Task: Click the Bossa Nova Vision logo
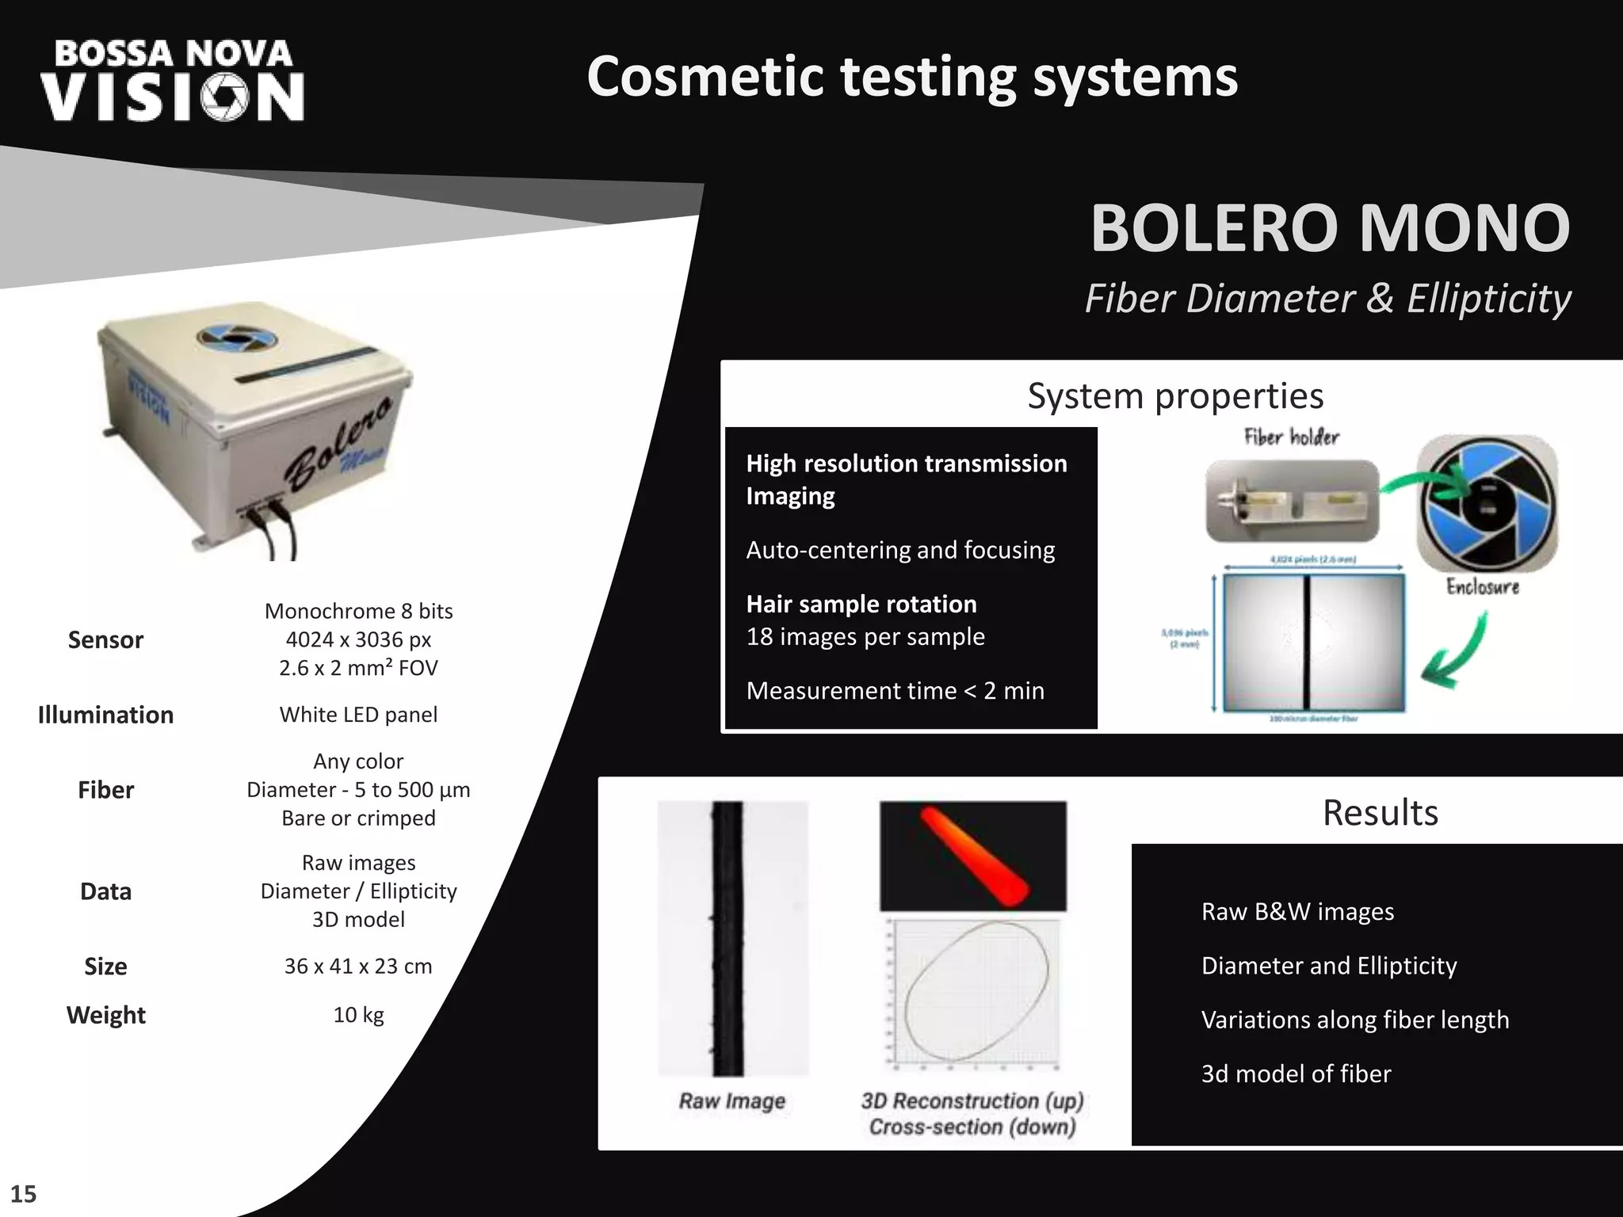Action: coord(173,82)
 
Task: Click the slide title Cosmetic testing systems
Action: coord(911,77)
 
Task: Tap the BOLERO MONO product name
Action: coord(1329,228)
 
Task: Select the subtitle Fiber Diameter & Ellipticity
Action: coord(1327,299)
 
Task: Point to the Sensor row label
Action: coord(105,639)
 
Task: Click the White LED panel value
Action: coord(358,715)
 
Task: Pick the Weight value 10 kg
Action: coord(358,1015)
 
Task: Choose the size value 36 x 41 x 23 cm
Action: coord(358,967)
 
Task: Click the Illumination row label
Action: coord(105,715)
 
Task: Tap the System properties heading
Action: coord(1175,396)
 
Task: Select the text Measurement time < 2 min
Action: coord(895,691)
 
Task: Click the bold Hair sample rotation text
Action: coord(861,605)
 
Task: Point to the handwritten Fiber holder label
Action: coord(1291,437)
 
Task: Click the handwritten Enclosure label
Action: coord(1482,586)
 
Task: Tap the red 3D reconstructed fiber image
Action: coord(973,856)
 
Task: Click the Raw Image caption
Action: coord(731,1101)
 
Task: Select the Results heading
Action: coord(1380,813)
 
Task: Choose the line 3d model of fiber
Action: coord(1296,1074)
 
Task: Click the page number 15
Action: coord(24,1194)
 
